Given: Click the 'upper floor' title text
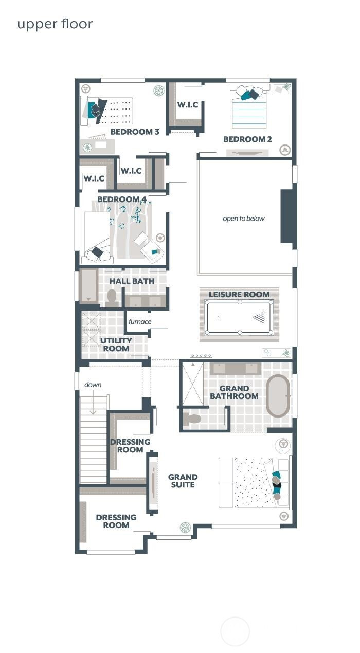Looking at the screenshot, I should point(55,24).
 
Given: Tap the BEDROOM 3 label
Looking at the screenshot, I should point(135,132).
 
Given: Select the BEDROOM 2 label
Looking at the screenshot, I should point(247,139).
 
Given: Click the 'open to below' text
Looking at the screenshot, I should point(244,219).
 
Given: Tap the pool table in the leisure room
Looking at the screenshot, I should point(239,317).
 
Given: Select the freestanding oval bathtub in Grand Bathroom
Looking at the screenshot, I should point(278,396).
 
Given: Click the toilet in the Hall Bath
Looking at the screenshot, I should point(112,298).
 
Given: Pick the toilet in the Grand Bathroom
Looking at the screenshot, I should point(193,419).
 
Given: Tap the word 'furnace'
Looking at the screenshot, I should point(140,322).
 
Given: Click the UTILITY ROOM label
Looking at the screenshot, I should point(116,344).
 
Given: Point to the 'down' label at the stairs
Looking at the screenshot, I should point(93,385).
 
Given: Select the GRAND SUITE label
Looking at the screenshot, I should point(183,481).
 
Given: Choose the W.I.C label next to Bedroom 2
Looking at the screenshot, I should point(188,105).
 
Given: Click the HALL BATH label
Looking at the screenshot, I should point(132,281).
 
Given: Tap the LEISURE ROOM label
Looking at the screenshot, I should point(239,295).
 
